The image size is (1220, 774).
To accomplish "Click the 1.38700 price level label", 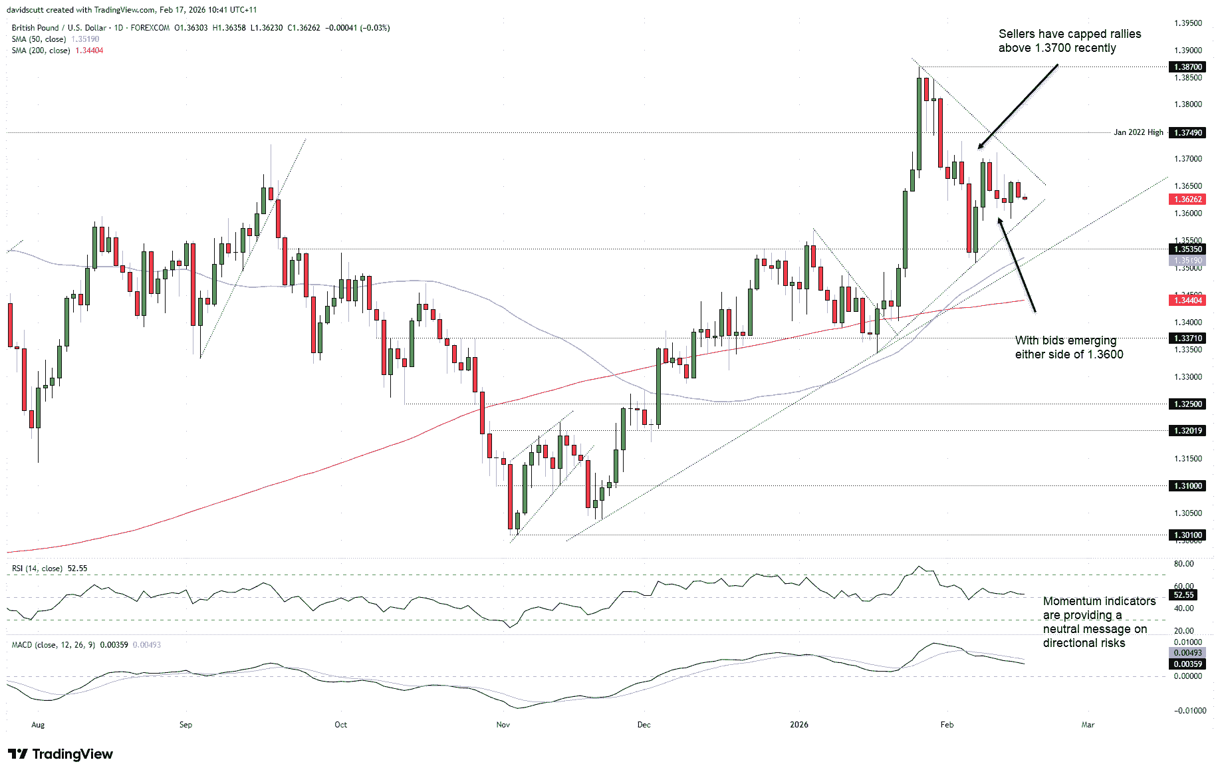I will (x=1187, y=67).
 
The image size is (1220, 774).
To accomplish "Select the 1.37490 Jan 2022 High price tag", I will (x=1187, y=133).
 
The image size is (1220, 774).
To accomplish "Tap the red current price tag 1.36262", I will (x=1187, y=199).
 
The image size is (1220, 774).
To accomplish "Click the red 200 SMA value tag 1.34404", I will (x=1187, y=301).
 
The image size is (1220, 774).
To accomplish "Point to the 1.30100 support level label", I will (x=1187, y=535).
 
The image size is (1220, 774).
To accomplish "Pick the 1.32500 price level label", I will (x=1187, y=404).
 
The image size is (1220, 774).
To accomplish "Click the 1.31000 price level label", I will (x=1187, y=486).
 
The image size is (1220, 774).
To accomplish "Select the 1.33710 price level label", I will (x=1187, y=338).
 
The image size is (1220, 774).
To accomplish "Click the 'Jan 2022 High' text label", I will (x=1138, y=132).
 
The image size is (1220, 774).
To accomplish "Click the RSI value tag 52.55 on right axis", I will (x=1183, y=595).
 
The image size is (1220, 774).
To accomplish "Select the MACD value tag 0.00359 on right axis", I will (x=1187, y=664).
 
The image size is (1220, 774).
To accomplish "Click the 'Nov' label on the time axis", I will (x=503, y=725).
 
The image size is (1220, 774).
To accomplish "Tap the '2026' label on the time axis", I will (x=798, y=725).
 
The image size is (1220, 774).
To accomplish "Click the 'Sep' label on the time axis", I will (x=185, y=725).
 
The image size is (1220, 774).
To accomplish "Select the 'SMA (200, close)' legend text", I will (x=41, y=51).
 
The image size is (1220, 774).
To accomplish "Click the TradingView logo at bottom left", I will (x=61, y=754).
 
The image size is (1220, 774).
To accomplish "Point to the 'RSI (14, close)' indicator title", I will (x=37, y=569).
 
